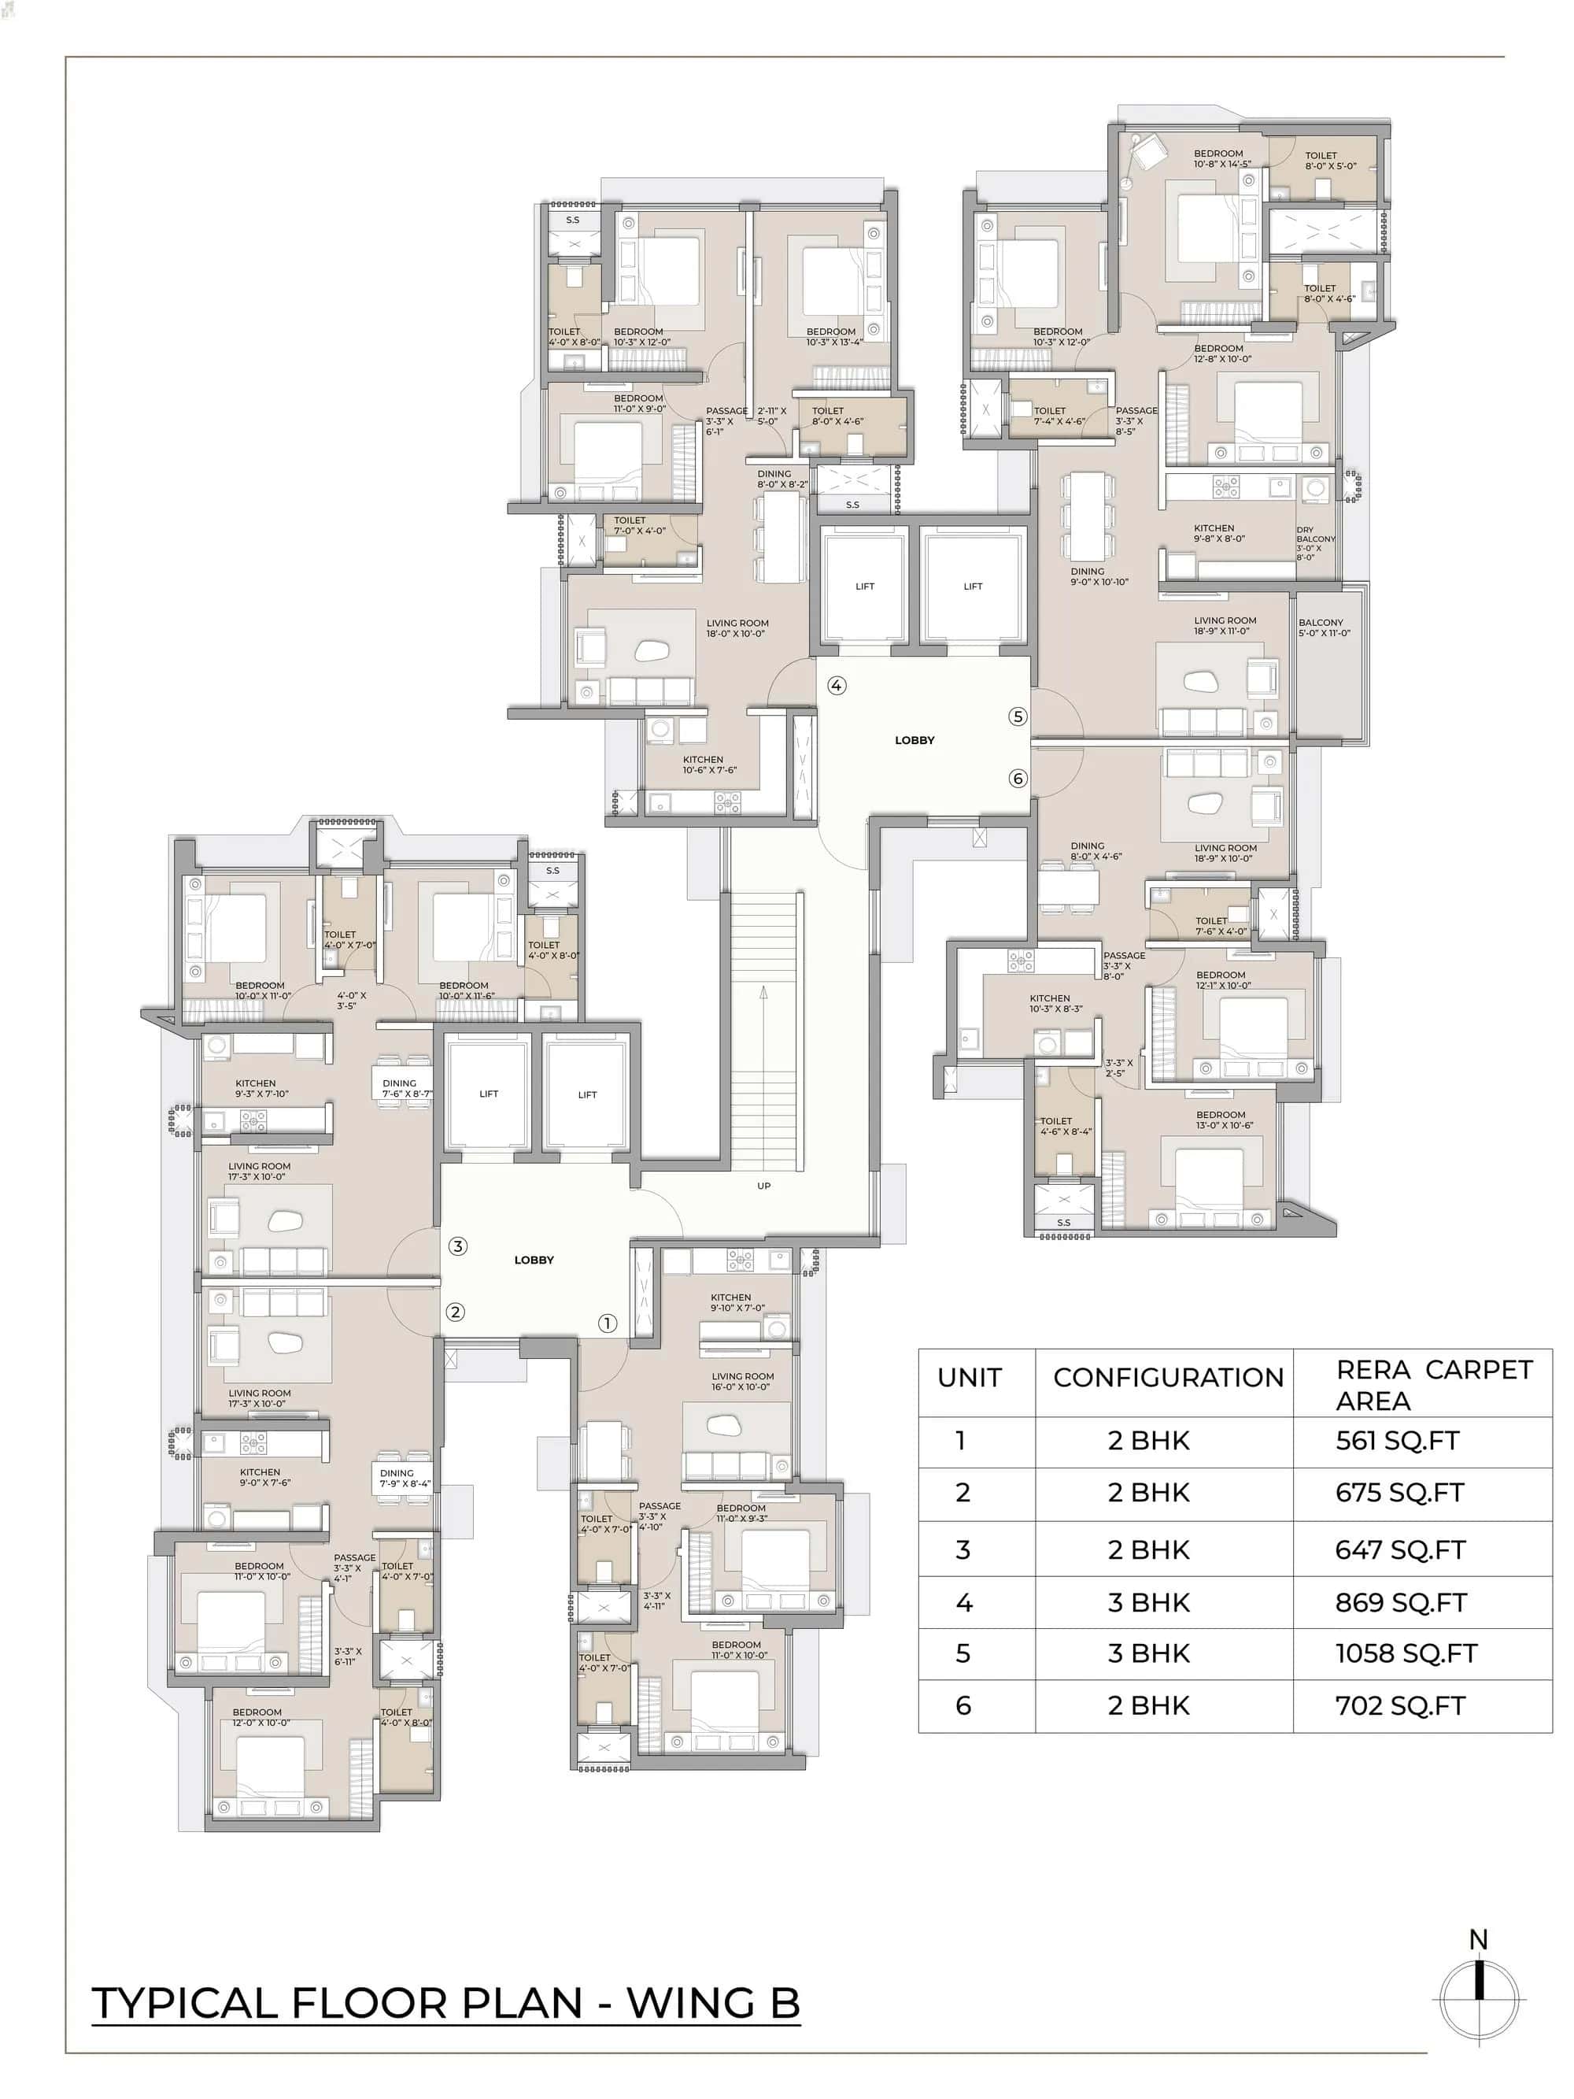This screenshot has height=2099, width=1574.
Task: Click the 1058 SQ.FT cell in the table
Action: (1405, 1654)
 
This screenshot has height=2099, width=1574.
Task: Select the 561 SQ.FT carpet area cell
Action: (1397, 1441)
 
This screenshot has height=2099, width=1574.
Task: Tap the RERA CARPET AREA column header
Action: (1432, 1384)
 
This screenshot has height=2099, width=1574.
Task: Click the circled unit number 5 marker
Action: (1017, 716)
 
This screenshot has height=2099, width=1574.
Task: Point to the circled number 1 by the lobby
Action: (608, 1323)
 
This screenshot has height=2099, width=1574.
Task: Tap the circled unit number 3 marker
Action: (457, 1246)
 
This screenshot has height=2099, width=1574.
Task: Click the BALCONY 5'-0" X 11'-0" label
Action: (1324, 627)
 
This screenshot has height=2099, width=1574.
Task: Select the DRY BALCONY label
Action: (1314, 542)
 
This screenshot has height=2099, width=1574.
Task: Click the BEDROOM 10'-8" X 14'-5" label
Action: (1221, 158)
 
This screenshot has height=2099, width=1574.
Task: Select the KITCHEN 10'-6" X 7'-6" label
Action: (709, 764)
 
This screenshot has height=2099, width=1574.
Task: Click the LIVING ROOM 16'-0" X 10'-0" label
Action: (742, 1381)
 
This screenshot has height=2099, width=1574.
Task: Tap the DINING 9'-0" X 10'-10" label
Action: (1099, 576)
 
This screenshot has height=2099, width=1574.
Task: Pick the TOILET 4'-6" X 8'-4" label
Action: (1065, 1125)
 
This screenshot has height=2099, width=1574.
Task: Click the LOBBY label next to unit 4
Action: (914, 740)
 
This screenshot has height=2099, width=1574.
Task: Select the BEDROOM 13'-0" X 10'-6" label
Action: (1224, 1120)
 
